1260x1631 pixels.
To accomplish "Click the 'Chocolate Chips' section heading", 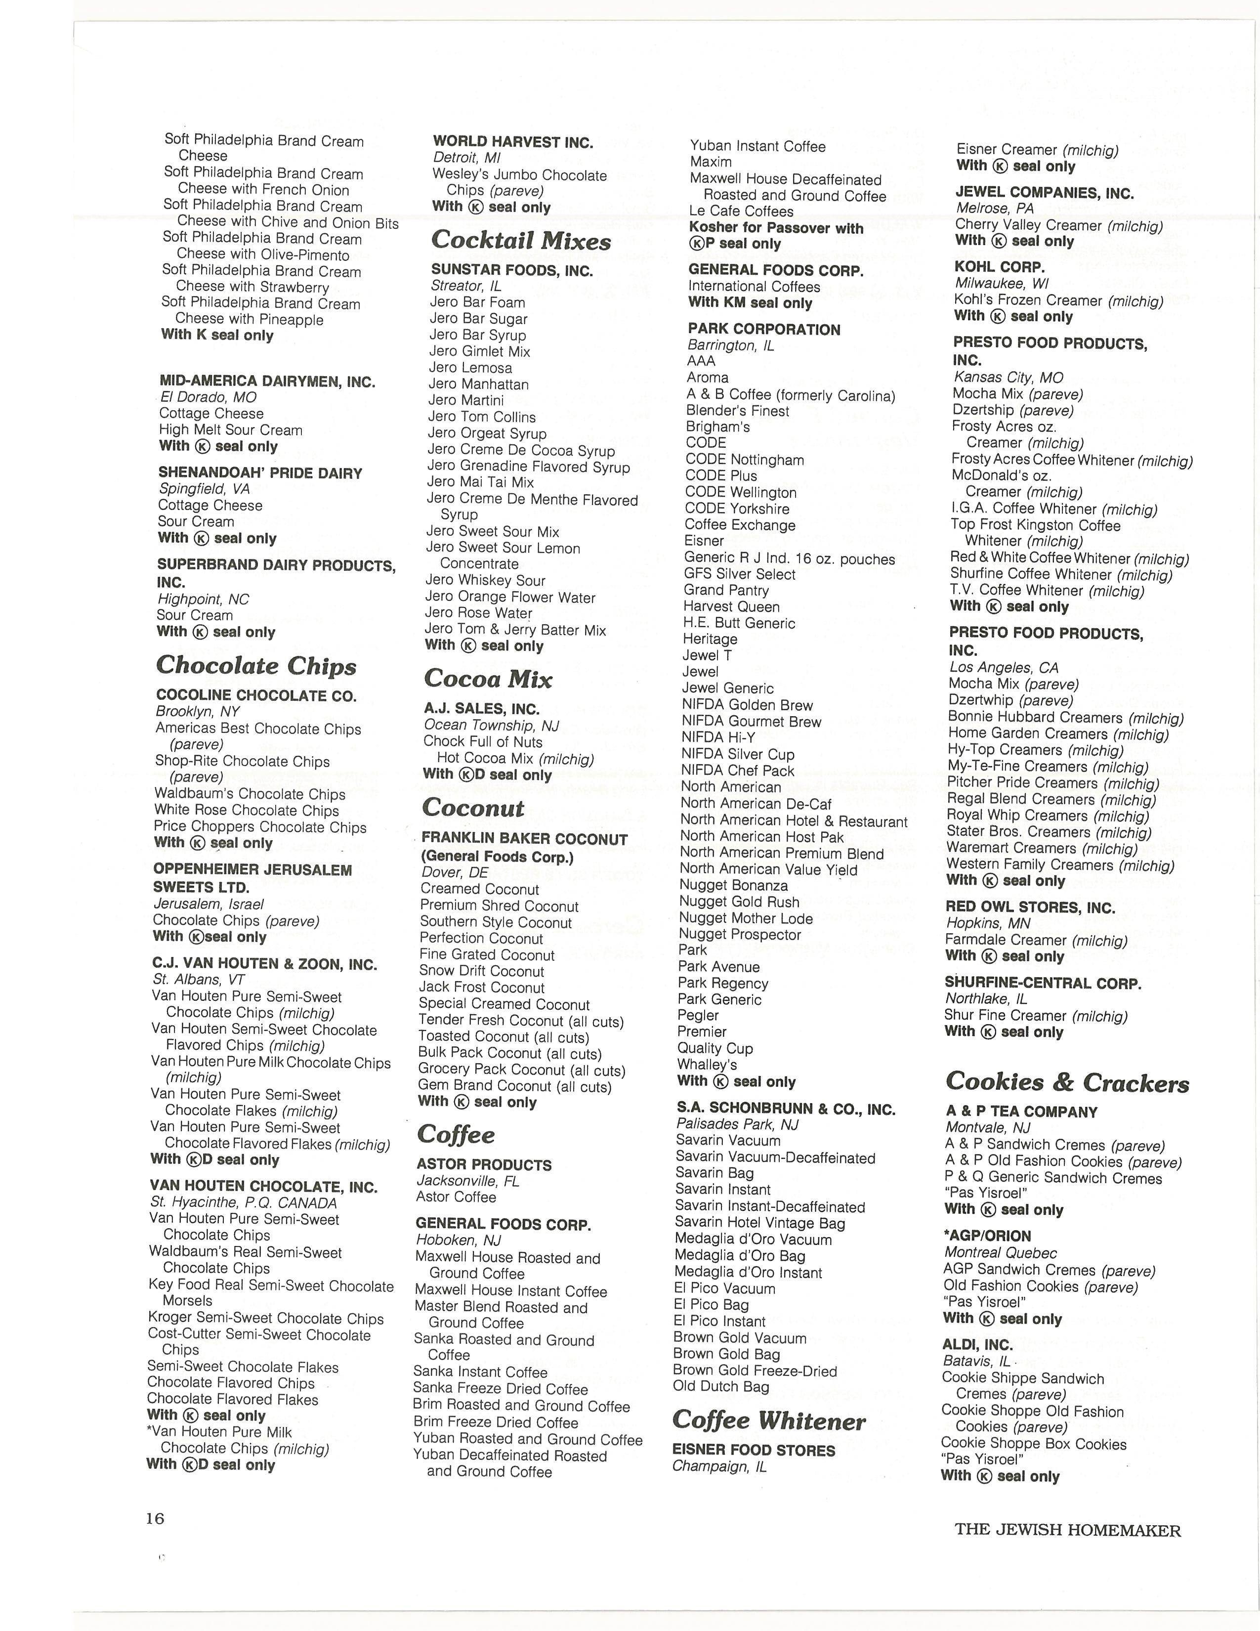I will tap(256, 665).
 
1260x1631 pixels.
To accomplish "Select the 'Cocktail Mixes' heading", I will tap(520, 241).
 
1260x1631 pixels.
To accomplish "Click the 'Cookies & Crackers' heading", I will tap(1067, 1082).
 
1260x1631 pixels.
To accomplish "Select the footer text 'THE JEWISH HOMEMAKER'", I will tap(1067, 1530).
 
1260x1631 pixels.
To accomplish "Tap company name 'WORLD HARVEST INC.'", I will tap(513, 142).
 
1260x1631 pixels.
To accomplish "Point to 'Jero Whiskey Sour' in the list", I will tap(485, 580).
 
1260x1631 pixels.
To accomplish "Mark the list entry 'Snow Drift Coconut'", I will tap(481, 971).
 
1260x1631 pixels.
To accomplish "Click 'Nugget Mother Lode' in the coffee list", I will tap(745, 919).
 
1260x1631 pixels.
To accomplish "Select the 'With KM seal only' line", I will tap(750, 302).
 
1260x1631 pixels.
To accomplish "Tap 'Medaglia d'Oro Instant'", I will tap(748, 1273).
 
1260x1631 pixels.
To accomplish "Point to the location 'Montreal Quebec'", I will tap(1000, 1253).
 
